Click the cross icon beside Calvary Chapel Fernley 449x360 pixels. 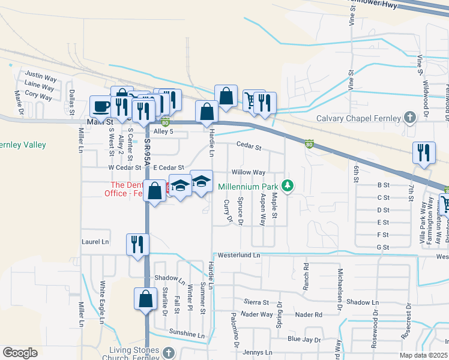[x=410, y=118]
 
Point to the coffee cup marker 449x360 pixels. [x=101, y=107]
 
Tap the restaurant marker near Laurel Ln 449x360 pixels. [x=137, y=244]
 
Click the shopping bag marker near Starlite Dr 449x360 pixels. [x=145, y=298]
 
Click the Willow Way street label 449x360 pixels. [x=249, y=172]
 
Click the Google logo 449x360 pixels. [x=20, y=353]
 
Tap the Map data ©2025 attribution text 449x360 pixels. [x=423, y=355]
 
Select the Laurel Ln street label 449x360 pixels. [x=95, y=242]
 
